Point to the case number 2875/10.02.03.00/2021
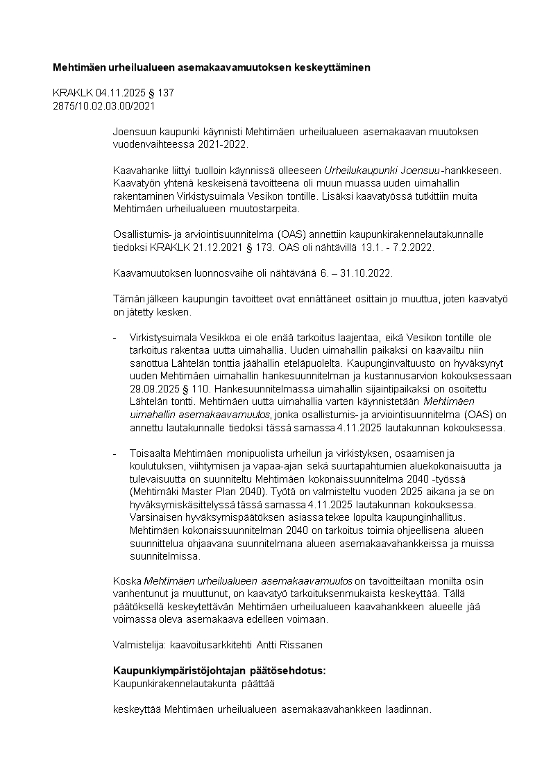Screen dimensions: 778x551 [104, 106]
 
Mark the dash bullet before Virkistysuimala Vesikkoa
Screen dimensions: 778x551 [115, 338]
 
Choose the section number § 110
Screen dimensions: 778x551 [197, 388]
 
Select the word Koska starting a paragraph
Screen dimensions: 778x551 [127, 580]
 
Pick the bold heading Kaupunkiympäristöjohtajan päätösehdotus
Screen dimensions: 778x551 [219, 671]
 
